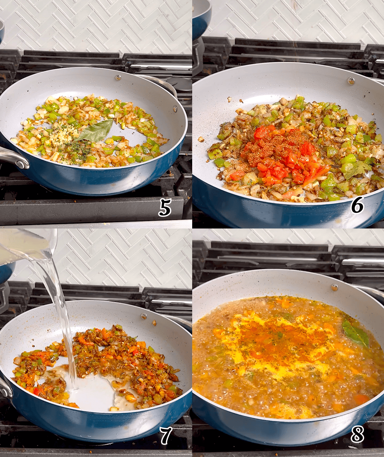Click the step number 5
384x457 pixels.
click(x=165, y=208)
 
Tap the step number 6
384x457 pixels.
click(x=357, y=205)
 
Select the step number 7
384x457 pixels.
click(x=166, y=436)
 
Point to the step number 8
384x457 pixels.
click(x=357, y=434)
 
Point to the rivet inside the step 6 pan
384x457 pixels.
click(x=351, y=81)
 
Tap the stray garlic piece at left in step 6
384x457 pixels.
click(x=201, y=139)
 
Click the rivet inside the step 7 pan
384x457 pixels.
click(x=144, y=316)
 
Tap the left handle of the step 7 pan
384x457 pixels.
click(x=5, y=387)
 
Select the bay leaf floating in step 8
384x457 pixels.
click(x=355, y=334)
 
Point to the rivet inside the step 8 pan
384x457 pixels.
click(x=334, y=287)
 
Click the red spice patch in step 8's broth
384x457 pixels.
click(x=281, y=341)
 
